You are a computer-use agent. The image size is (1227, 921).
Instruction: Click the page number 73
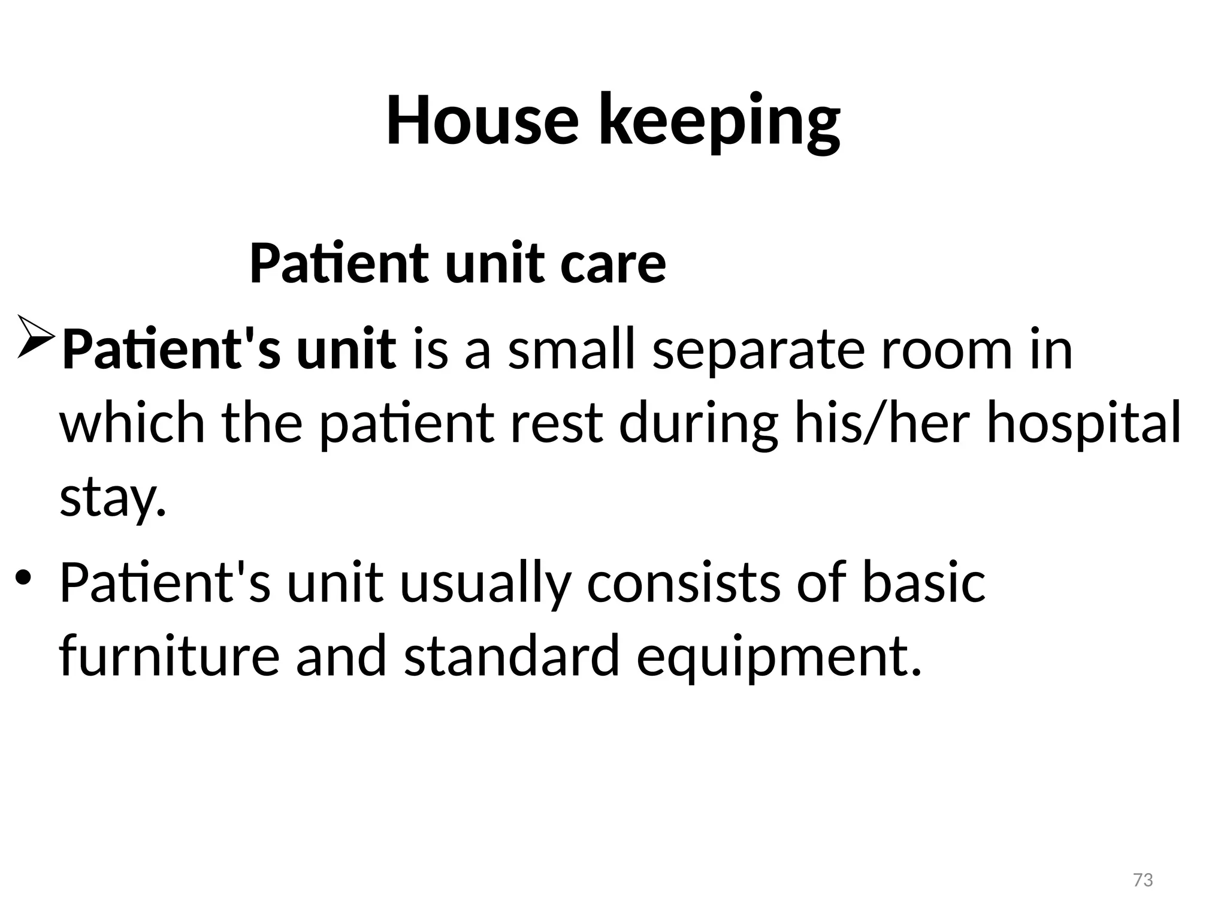click(x=1143, y=880)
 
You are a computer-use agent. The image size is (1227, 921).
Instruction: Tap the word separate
click(x=757, y=350)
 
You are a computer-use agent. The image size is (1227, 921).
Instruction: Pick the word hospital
click(x=1083, y=423)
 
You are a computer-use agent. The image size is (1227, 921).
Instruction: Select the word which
click(x=132, y=423)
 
